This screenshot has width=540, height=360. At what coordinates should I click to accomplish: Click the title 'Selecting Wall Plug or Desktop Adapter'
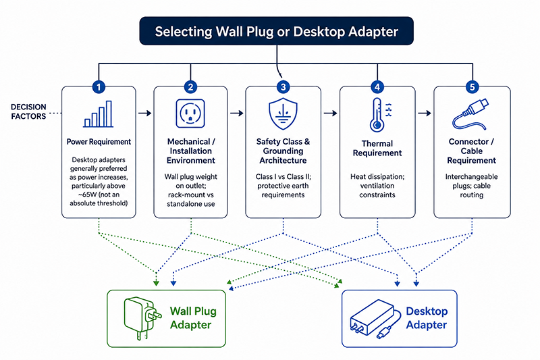(x=276, y=31)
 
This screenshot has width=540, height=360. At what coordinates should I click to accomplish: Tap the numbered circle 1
(x=99, y=87)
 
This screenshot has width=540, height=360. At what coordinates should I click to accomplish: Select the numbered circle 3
(x=283, y=87)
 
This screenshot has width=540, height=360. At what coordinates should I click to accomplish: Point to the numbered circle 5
(x=472, y=87)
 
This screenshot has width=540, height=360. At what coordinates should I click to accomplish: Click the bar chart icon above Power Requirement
(x=99, y=114)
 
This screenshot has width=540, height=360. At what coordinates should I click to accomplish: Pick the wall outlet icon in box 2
(x=190, y=113)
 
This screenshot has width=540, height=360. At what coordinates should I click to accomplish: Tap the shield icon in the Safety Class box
(x=283, y=113)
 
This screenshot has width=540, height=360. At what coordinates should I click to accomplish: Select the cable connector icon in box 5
(x=470, y=114)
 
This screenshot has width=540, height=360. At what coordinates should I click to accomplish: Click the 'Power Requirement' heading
(x=99, y=142)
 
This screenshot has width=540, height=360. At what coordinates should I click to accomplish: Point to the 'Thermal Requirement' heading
(x=377, y=148)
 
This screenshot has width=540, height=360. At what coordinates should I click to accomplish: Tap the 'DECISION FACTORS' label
(x=28, y=111)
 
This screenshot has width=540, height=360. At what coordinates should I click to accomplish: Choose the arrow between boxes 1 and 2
(x=144, y=113)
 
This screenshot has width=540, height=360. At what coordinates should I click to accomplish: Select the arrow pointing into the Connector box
(x=425, y=113)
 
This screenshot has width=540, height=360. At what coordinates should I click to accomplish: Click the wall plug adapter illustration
(x=142, y=318)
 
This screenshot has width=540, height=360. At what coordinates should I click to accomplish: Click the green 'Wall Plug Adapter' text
(x=193, y=318)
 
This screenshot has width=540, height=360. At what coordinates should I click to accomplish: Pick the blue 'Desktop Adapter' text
(x=427, y=318)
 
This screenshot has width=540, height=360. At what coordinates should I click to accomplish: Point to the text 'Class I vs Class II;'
(x=283, y=177)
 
